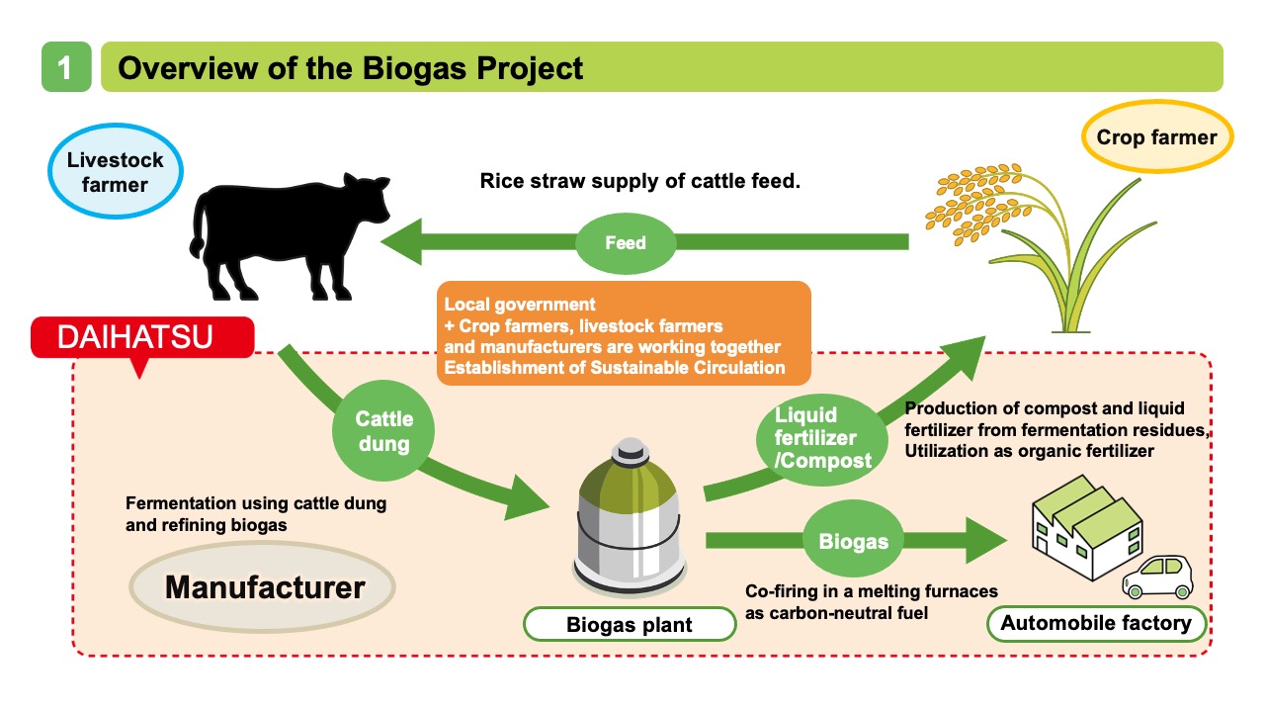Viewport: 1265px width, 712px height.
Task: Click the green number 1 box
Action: pyautogui.click(x=66, y=67)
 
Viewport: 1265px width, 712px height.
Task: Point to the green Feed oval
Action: pyautogui.click(x=625, y=242)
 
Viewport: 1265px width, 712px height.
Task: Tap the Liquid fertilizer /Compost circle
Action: pyautogui.click(x=815, y=436)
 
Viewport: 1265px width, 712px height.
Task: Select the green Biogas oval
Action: pyautogui.click(x=853, y=541)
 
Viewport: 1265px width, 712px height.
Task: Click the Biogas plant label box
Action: pyautogui.click(x=630, y=624)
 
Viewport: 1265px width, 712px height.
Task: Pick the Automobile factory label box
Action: pyautogui.click(x=1096, y=623)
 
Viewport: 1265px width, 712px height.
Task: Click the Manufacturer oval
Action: pyautogui.click(x=264, y=587)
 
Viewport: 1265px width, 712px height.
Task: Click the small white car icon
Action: pyautogui.click(x=1157, y=577)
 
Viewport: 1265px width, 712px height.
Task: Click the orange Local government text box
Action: pyautogui.click(x=623, y=332)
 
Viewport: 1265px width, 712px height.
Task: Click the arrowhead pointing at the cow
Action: pyautogui.click(x=405, y=242)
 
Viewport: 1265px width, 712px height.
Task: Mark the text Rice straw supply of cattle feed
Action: pyautogui.click(x=639, y=181)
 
